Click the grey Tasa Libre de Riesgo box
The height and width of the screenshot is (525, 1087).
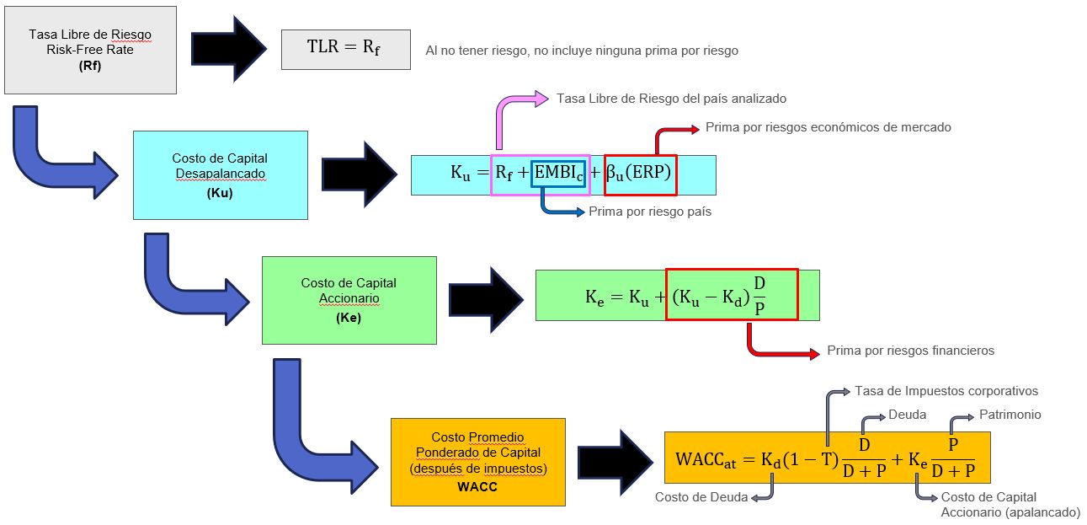coord(90,50)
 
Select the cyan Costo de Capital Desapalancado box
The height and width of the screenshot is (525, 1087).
coord(220,174)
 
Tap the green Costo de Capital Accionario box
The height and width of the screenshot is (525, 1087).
coord(349,299)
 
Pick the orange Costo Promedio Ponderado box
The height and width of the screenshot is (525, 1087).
coord(477,461)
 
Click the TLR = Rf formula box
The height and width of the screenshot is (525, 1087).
coord(345,48)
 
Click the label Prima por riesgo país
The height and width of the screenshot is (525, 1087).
coord(650,212)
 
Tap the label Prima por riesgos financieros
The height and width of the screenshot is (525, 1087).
coord(910,351)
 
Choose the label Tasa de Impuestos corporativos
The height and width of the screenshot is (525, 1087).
coord(946,391)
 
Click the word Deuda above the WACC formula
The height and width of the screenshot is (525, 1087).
coord(907,415)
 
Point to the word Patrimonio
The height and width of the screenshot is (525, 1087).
coord(1010,415)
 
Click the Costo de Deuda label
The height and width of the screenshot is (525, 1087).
coord(701,497)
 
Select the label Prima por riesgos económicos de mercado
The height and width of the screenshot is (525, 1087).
coord(828,127)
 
